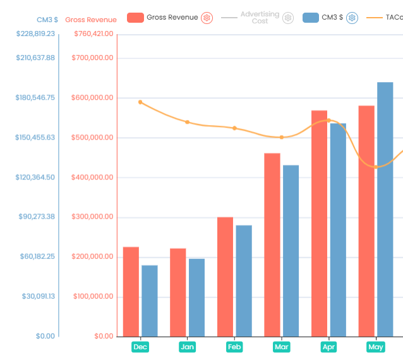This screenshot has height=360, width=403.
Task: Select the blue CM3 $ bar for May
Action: tap(385, 209)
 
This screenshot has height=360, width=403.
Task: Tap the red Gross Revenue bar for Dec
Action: tap(131, 291)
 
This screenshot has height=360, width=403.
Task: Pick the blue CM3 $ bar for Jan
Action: tap(196, 297)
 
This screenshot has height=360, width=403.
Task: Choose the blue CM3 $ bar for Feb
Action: tap(244, 280)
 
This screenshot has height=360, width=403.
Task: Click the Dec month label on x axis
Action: tap(140, 347)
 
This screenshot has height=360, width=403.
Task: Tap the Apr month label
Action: tap(328, 347)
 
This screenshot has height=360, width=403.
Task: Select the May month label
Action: tap(376, 347)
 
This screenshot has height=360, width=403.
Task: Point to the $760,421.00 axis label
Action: tap(93, 33)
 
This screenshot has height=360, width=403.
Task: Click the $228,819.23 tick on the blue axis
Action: tap(36, 33)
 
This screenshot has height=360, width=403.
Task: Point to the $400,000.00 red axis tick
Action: tap(93, 177)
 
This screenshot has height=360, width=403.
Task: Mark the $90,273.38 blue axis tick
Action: tap(37, 217)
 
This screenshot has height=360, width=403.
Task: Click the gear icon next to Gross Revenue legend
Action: tap(207, 18)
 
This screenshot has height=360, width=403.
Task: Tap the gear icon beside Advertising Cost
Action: tap(288, 18)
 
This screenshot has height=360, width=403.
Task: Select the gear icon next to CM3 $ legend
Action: tap(352, 18)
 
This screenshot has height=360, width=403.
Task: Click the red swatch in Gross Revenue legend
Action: tap(135, 18)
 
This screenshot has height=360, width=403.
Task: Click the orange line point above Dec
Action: tap(140, 102)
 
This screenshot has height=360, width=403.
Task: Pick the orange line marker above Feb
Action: tap(234, 128)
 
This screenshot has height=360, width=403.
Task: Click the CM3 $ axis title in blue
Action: tap(47, 20)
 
